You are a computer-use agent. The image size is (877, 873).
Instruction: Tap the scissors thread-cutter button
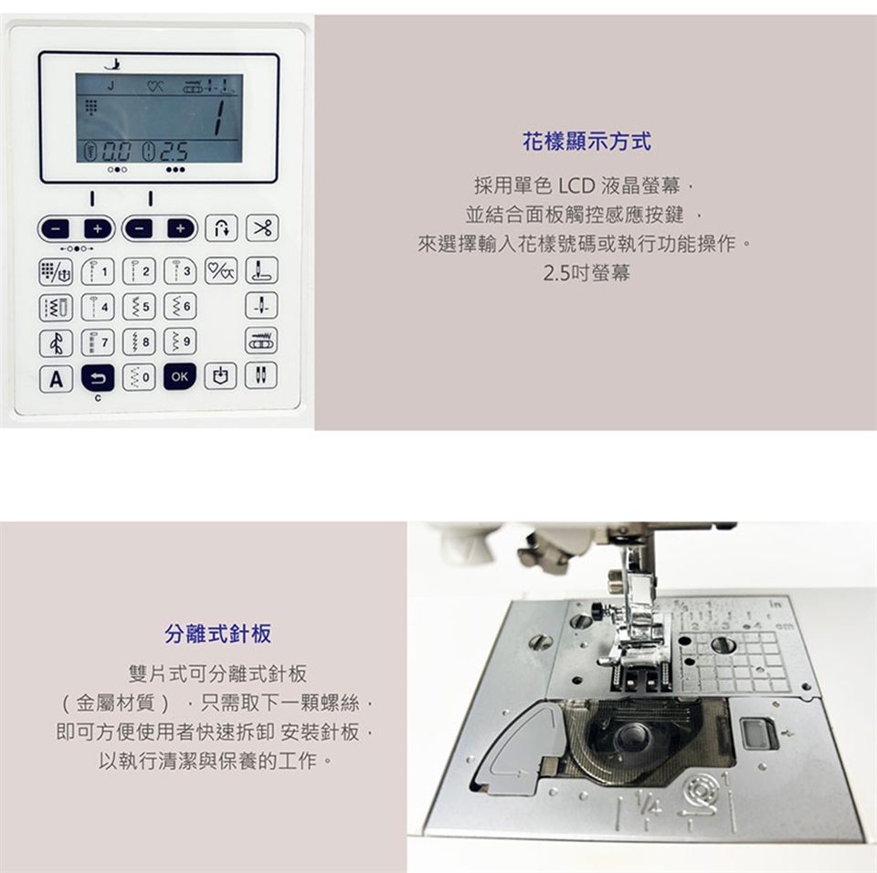tap(262, 227)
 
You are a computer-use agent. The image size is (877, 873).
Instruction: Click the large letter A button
tap(56, 379)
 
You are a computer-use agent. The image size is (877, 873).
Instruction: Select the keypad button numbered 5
tap(139, 307)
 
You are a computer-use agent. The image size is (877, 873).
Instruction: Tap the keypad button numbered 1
tap(98, 272)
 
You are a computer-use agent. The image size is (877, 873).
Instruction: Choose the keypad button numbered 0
tap(139, 377)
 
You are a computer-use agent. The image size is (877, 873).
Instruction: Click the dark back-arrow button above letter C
tap(98, 377)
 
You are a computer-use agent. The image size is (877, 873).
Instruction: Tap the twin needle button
tap(261, 375)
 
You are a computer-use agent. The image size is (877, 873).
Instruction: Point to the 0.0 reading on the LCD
tap(116, 152)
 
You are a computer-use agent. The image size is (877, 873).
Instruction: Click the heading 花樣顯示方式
tap(586, 141)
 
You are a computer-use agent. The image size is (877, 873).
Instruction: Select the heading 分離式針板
tap(218, 634)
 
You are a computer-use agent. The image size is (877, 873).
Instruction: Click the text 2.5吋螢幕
tap(586, 273)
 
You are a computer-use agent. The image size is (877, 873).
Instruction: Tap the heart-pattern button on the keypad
tap(221, 271)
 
